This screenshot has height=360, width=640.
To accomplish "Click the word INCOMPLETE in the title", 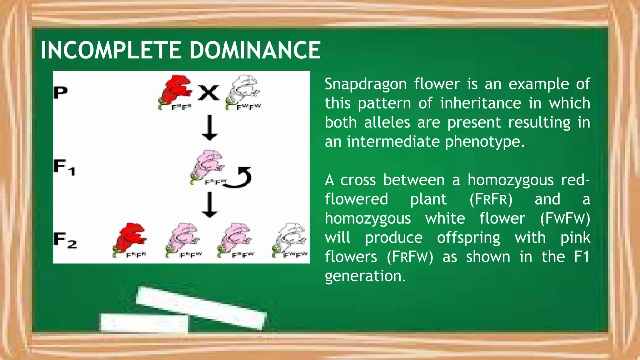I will pyautogui.click(x=111, y=50).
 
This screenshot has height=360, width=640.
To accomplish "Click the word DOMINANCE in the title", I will pyautogui.click(x=255, y=50).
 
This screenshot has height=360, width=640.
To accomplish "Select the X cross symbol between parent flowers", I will pyautogui.click(x=209, y=93).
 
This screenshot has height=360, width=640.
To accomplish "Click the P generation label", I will pyautogui.click(x=61, y=92).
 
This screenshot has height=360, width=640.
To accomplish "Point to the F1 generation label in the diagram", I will pyautogui.click(x=64, y=167).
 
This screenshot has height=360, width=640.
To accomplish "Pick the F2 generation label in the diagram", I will pyautogui.click(x=65, y=240).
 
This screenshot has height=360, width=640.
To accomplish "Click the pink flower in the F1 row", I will pyautogui.click(x=207, y=166).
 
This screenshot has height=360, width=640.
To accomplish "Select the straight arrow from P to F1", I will pyautogui.click(x=209, y=127).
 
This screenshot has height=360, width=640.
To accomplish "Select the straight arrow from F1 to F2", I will pyautogui.click(x=209, y=205).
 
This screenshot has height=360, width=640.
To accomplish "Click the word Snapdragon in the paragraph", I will pyautogui.click(x=366, y=84).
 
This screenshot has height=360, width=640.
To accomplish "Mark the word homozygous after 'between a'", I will pyautogui.click(x=510, y=180).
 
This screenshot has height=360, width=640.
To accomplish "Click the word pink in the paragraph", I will pyautogui.click(x=575, y=238).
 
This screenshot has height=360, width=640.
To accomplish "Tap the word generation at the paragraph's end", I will pyautogui.click(x=365, y=276).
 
